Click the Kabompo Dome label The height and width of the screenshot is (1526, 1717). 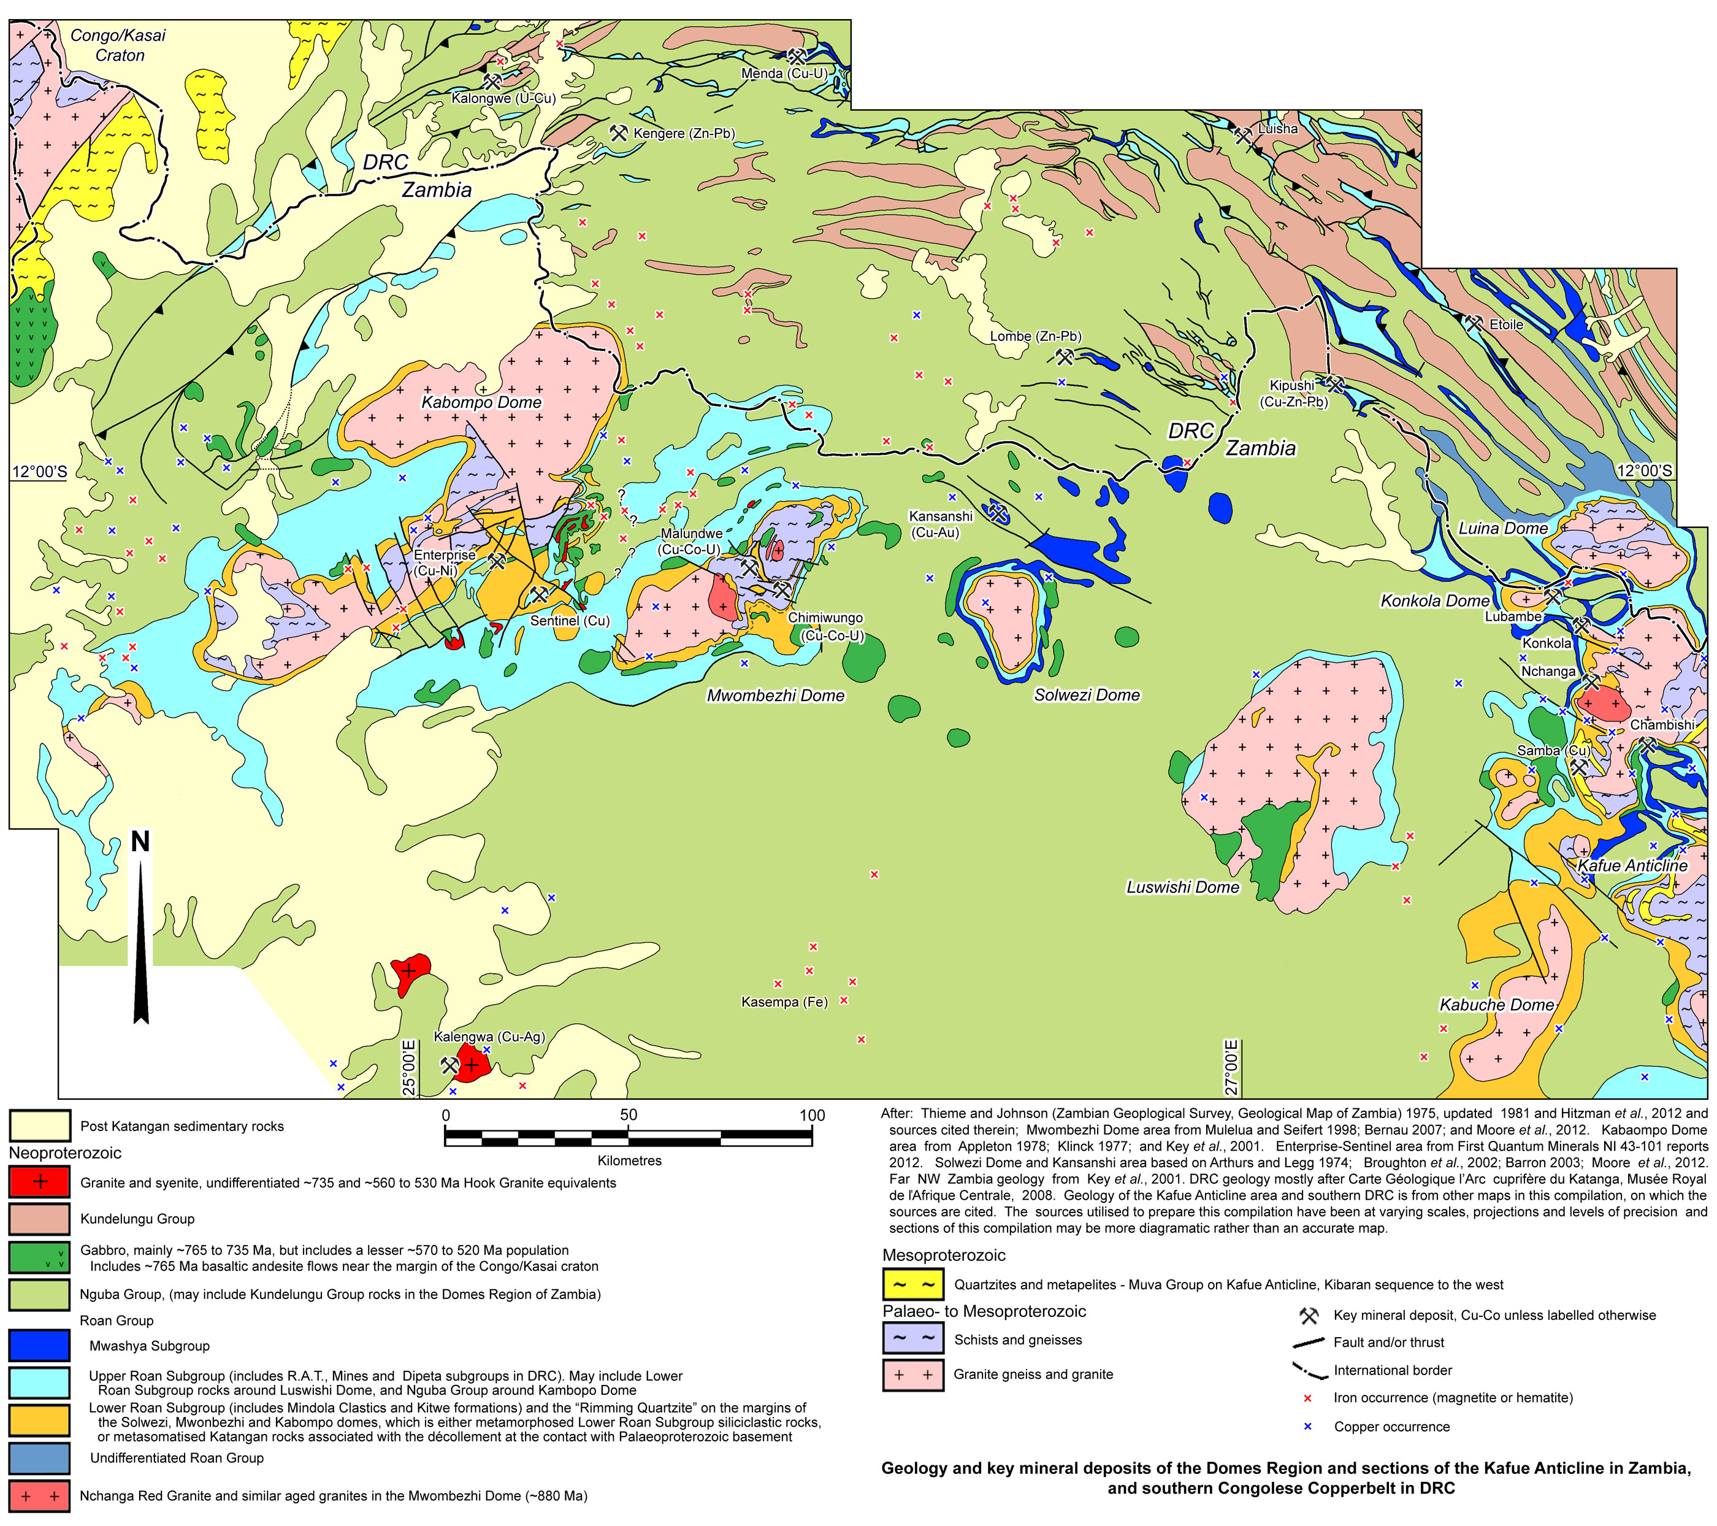click(481, 402)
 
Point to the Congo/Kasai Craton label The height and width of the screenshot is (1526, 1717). click(118, 45)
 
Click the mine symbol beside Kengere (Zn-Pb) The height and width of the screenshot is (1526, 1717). click(619, 132)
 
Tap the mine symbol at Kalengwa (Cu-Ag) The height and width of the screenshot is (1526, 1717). click(449, 1065)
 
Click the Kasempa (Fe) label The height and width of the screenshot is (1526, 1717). click(784, 1002)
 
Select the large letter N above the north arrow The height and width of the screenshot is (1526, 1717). click(140, 841)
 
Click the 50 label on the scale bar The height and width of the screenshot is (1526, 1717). click(629, 1115)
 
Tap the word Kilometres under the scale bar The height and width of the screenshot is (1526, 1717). click(629, 1160)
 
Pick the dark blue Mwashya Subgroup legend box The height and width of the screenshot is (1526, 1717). click(39, 1345)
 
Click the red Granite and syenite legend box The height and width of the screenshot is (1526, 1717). click(39, 1183)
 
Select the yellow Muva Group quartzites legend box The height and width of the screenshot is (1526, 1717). click(913, 1285)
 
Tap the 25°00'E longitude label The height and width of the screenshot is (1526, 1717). click(408, 1067)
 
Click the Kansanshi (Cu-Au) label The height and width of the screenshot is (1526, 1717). click(940, 524)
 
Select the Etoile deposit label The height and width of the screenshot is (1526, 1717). click(1505, 324)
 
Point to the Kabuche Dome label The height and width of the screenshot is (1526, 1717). click(1496, 1005)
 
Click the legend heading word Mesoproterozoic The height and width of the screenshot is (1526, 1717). click(943, 1256)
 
